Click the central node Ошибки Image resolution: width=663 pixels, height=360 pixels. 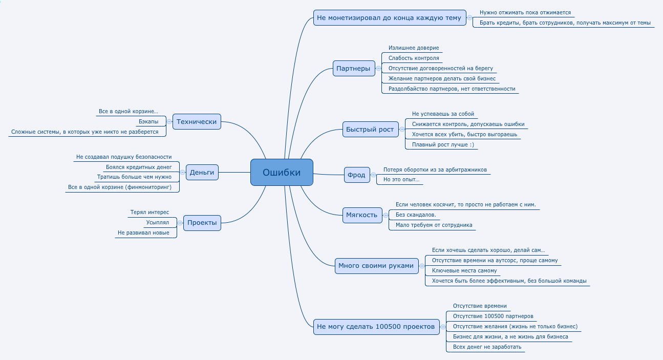tap(282, 172)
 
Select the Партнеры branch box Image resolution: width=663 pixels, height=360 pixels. tap(354, 69)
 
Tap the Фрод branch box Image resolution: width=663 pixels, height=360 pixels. tap(357, 175)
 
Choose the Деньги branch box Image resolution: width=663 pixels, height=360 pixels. tap(202, 172)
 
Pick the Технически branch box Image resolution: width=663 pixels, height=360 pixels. tap(197, 122)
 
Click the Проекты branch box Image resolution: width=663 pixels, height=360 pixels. tap(202, 223)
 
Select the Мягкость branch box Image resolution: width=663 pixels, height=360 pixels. tap(362, 215)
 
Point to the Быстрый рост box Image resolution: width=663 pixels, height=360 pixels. tap(370, 130)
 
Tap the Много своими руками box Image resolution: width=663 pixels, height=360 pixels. tap(376, 266)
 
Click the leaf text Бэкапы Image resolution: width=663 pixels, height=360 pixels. tap(148, 122)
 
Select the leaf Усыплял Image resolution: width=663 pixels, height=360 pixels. tap(158, 223)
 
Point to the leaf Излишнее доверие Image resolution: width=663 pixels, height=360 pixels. tap(414, 48)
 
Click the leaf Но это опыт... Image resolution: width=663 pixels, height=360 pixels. tap(401, 179)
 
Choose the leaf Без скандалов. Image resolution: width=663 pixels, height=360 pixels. tap(416, 215)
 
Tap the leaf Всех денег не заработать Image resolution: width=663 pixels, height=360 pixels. tap(487, 347)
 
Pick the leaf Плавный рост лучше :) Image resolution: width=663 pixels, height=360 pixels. tap(443, 145)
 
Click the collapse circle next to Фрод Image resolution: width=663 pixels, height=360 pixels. tap(374, 175)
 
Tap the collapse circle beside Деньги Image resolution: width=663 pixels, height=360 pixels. tap(183, 172)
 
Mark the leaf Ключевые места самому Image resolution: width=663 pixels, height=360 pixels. tap(464, 270)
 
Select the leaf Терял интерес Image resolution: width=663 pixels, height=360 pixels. tap(150, 213)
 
